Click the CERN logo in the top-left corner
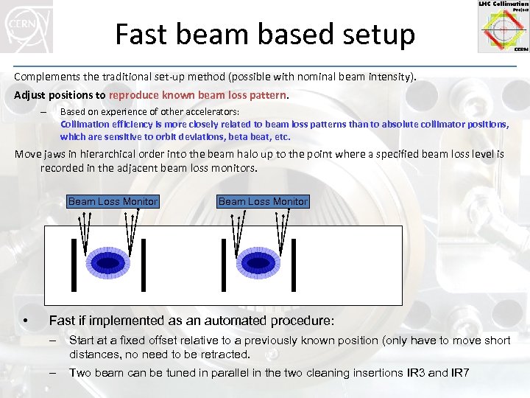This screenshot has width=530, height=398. pos(26,27)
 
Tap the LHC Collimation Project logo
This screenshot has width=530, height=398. pos(503,27)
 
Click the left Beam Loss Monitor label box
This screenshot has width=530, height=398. pos(113,201)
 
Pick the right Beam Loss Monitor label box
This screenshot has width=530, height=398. pos(263,201)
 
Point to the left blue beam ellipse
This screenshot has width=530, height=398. pos(108,263)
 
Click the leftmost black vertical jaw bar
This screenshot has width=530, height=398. pos(74,265)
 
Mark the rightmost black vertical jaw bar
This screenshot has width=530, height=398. pos(294,265)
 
